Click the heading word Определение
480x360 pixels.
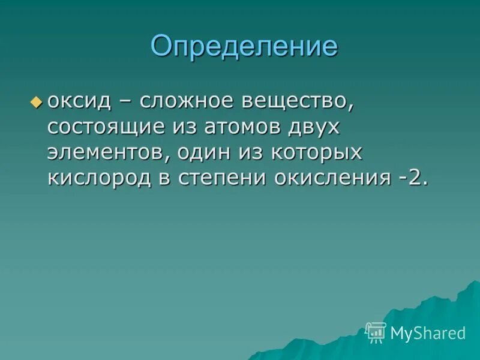pyautogui.click(x=244, y=47)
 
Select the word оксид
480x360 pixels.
pyautogui.click(x=80, y=101)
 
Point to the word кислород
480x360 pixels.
pyautogui.click(x=99, y=178)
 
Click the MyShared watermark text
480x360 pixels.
pyautogui.click(x=428, y=333)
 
